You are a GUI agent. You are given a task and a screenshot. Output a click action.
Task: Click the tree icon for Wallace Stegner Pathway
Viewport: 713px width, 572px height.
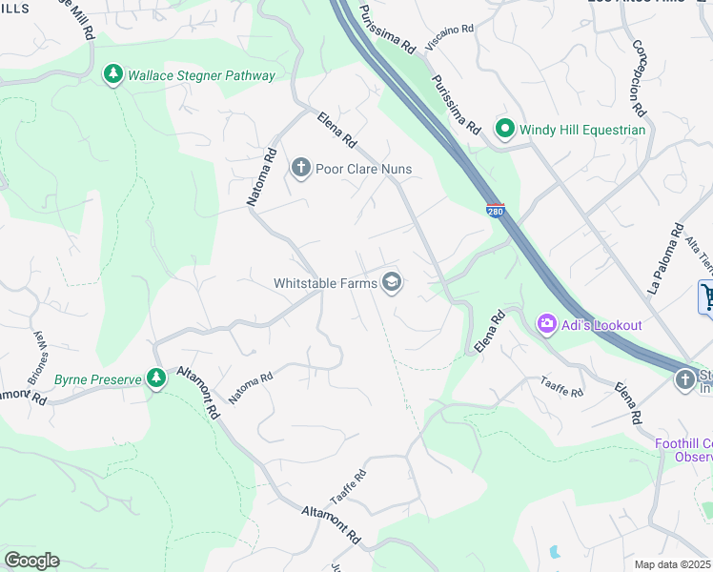pyautogui.click(x=113, y=75)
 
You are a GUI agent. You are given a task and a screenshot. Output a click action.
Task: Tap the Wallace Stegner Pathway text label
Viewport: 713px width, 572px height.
pyautogui.click(x=201, y=75)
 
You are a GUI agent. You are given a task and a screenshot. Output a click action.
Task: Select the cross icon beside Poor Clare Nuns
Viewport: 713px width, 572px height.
pyautogui.click(x=301, y=169)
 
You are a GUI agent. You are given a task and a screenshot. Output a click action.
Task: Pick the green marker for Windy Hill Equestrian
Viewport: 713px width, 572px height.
pyautogui.click(x=503, y=129)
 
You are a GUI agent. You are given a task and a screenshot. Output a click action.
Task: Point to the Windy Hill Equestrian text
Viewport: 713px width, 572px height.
pyautogui.click(x=581, y=130)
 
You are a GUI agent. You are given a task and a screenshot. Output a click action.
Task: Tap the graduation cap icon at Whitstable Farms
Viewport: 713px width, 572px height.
pyautogui.click(x=391, y=282)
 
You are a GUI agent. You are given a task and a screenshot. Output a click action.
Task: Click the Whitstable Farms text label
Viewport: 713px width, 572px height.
pyautogui.click(x=325, y=282)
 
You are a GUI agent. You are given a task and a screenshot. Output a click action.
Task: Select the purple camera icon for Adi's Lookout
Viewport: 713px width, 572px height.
pyautogui.click(x=547, y=325)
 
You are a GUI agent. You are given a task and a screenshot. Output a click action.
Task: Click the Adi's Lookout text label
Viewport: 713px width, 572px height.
pyautogui.click(x=601, y=325)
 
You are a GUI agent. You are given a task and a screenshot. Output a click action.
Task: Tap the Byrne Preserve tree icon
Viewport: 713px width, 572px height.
pyautogui.click(x=156, y=378)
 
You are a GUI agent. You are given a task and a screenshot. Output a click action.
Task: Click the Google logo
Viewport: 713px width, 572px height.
pyautogui.click(x=31, y=561)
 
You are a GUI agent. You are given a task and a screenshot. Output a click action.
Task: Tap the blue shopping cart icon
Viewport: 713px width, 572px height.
pyautogui.click(x=706, y=296)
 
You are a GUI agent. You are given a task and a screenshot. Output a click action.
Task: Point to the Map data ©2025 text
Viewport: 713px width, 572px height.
pyautogui.click(x=673, y=564)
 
